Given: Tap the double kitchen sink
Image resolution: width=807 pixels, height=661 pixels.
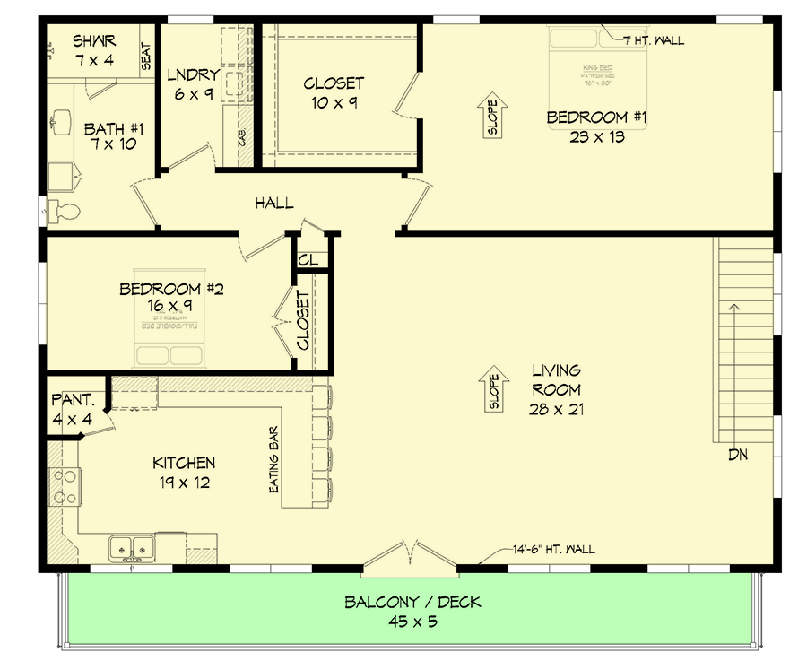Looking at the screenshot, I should coord(131,546).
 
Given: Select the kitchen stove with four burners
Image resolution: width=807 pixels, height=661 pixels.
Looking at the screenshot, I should coord(63,487).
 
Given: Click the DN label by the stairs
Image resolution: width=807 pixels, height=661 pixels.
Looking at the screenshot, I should coord(737,455).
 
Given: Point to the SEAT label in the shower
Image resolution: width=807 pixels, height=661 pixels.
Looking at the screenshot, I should coord(146,58).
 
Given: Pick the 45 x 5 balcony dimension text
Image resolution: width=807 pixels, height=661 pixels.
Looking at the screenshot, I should coord(412,622).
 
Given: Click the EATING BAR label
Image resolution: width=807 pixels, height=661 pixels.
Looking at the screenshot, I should coord(274,459).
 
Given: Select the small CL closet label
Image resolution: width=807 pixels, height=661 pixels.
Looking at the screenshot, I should coord(308,260).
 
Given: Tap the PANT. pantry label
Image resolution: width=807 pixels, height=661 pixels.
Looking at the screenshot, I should coord(68,399).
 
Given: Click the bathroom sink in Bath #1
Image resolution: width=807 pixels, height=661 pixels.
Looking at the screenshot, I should coord(62,119).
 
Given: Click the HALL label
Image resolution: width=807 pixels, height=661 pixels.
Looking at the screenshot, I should coord(273,204).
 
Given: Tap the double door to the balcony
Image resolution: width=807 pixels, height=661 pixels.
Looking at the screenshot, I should coord(410,556).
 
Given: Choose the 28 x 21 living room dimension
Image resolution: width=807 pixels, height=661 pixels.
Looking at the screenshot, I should coord(555,409).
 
